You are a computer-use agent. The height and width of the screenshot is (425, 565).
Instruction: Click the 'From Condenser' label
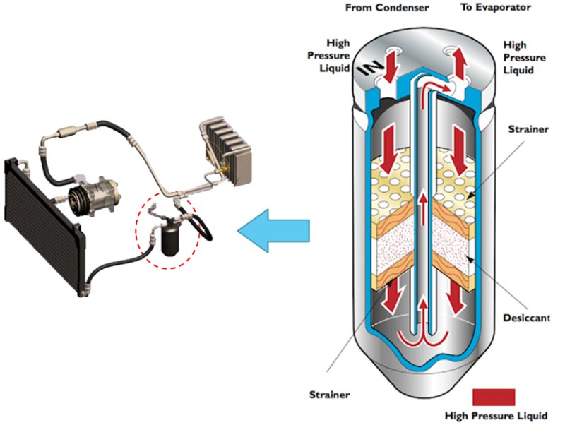(387, 8)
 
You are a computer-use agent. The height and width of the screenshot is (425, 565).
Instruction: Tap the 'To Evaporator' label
(496, 7)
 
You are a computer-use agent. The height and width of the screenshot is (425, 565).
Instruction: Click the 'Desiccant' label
(526, 318)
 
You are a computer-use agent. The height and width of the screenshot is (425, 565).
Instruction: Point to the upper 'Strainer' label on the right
(528, 129)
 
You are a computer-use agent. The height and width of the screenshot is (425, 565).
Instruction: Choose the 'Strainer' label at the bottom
(329, 395)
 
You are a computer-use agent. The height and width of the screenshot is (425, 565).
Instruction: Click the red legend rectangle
(494, 397)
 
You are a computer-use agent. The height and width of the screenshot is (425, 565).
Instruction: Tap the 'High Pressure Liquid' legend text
(496, 416)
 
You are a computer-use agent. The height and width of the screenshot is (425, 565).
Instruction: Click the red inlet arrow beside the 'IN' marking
(391, 68)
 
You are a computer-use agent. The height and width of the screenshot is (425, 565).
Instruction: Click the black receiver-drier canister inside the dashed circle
(170, 239)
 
